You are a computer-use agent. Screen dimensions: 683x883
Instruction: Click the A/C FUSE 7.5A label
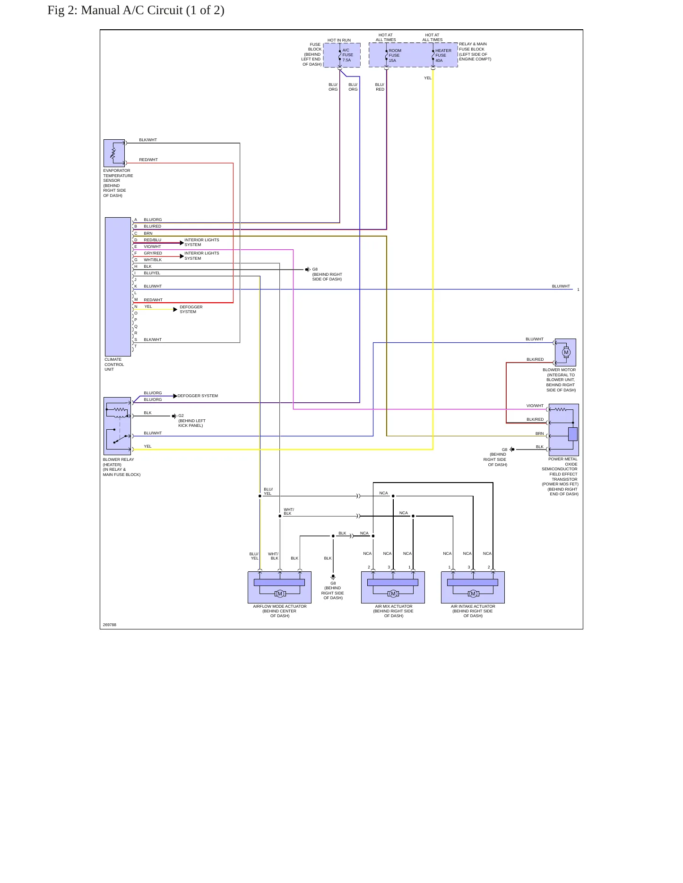pos(347,55)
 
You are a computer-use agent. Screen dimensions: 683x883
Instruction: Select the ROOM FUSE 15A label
pos(395,56)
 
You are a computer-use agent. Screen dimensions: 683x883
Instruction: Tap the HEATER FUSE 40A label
pos(443,56)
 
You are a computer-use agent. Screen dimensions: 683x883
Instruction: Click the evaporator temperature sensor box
pos(114,153)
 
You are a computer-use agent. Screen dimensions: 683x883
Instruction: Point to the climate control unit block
pos(118,287)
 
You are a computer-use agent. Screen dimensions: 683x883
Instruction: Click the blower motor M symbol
pos(566,352)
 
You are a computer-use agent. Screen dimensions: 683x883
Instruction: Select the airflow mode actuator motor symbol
pos(280,594)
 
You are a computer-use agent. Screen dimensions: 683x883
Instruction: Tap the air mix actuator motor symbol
pos(393,594)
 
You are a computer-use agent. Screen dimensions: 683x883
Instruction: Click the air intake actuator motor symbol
pos(473,594)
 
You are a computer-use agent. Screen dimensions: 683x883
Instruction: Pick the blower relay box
pos(117,426)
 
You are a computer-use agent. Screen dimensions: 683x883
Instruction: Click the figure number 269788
pos(110,625)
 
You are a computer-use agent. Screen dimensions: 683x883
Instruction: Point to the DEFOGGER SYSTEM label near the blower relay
pos(198,396)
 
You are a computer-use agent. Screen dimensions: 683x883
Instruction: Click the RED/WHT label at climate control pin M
pos(153,300)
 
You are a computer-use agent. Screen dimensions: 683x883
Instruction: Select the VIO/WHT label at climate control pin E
pos(152,246)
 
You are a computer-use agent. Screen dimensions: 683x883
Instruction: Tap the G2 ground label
pos(181,416)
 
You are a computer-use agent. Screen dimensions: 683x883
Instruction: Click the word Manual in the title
pos(100,10)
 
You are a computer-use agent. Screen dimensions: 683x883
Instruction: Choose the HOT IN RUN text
pos(339,40)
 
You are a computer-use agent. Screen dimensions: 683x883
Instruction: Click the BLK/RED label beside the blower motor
pos(535,359)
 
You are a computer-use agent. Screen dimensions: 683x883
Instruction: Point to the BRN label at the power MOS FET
pos(539,433)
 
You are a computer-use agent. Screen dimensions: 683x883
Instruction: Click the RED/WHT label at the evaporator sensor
pos(148,160)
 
